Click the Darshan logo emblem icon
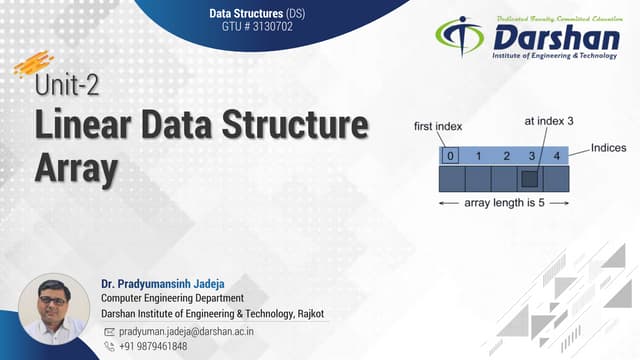459,37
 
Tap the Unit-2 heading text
68,87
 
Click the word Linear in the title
89,128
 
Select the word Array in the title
76,168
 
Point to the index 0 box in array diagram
451,156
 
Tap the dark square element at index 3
530,180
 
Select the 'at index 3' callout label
548,121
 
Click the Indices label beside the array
608,148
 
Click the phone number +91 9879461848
153,346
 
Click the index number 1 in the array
478,156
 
